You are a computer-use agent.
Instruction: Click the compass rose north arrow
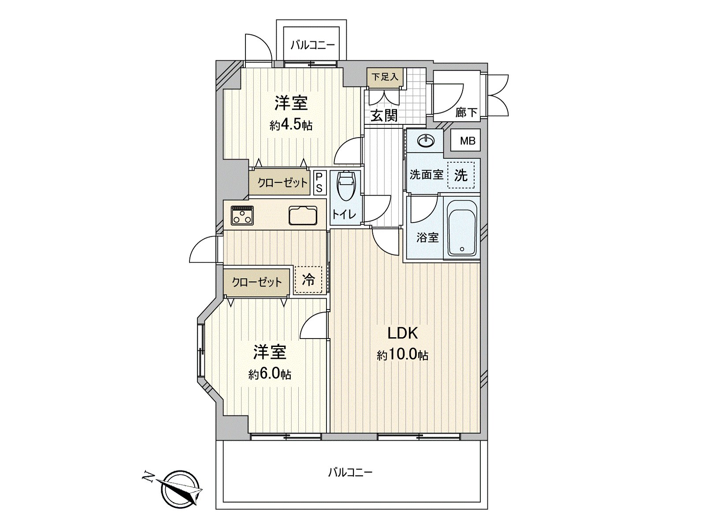coord(180,488)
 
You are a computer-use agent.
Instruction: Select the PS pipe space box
coord(319,183)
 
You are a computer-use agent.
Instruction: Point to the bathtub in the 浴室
coord(462,228)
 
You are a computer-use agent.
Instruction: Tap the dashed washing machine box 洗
coord(461,175)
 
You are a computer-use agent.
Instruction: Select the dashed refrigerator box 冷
coord(308,279)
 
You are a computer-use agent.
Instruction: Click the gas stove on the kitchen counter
coord(242,215)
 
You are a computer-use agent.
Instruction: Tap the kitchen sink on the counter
coord(303,216)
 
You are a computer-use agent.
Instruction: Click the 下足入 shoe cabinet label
coord(385,77)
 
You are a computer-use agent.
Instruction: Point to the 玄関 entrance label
coord(384,115)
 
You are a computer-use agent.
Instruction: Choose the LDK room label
coord(402,333)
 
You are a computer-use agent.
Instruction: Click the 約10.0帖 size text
coord(402,355)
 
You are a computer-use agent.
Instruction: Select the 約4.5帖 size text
coord(291,125)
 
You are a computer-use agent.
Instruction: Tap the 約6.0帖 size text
coord(269,374)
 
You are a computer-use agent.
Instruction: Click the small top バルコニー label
coord(312,45)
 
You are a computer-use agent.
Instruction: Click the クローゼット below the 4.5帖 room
coord(282,183)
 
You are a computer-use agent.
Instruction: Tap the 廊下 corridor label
coord(466,113)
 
